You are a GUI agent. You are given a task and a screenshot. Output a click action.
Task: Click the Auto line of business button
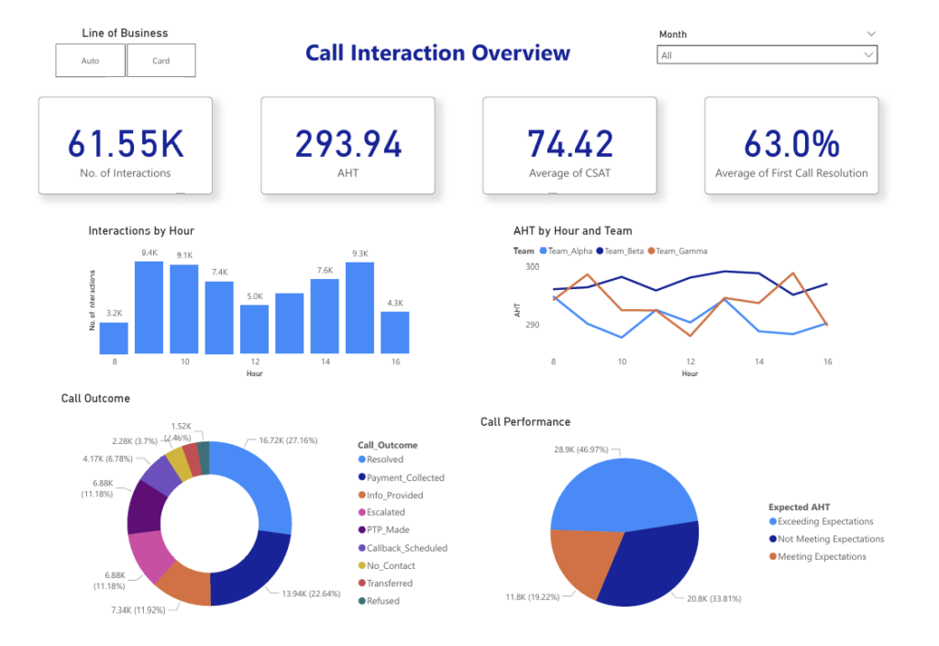pos(90,61)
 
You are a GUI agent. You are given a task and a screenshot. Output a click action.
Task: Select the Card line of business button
pos(160,61)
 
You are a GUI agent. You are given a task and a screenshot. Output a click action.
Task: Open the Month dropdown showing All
pos(768,55)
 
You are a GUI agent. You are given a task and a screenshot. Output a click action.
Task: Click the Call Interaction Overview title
pos(437,53)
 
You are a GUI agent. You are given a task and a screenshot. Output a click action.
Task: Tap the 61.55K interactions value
pos(125,144)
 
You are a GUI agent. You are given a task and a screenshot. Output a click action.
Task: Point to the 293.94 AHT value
pos(348,144)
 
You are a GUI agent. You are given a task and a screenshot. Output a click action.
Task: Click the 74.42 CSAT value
pos(569,144)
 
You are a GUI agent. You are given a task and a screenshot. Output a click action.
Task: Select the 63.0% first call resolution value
pos(790,144)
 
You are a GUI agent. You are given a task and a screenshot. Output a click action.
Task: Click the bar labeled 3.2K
pos(114,338)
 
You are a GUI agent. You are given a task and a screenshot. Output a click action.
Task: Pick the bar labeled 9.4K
pos(149,307)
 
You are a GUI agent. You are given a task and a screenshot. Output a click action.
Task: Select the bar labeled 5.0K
pos(254,329)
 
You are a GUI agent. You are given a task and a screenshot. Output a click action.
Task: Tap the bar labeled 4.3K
pos(395,332)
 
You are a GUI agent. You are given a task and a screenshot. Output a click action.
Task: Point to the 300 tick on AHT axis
pos(533,266)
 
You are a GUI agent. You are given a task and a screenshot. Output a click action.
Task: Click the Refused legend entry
pos(382,601)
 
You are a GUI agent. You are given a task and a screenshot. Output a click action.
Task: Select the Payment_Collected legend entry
pos(404,477)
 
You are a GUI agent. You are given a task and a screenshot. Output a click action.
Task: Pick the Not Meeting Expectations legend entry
pos(830,540)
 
